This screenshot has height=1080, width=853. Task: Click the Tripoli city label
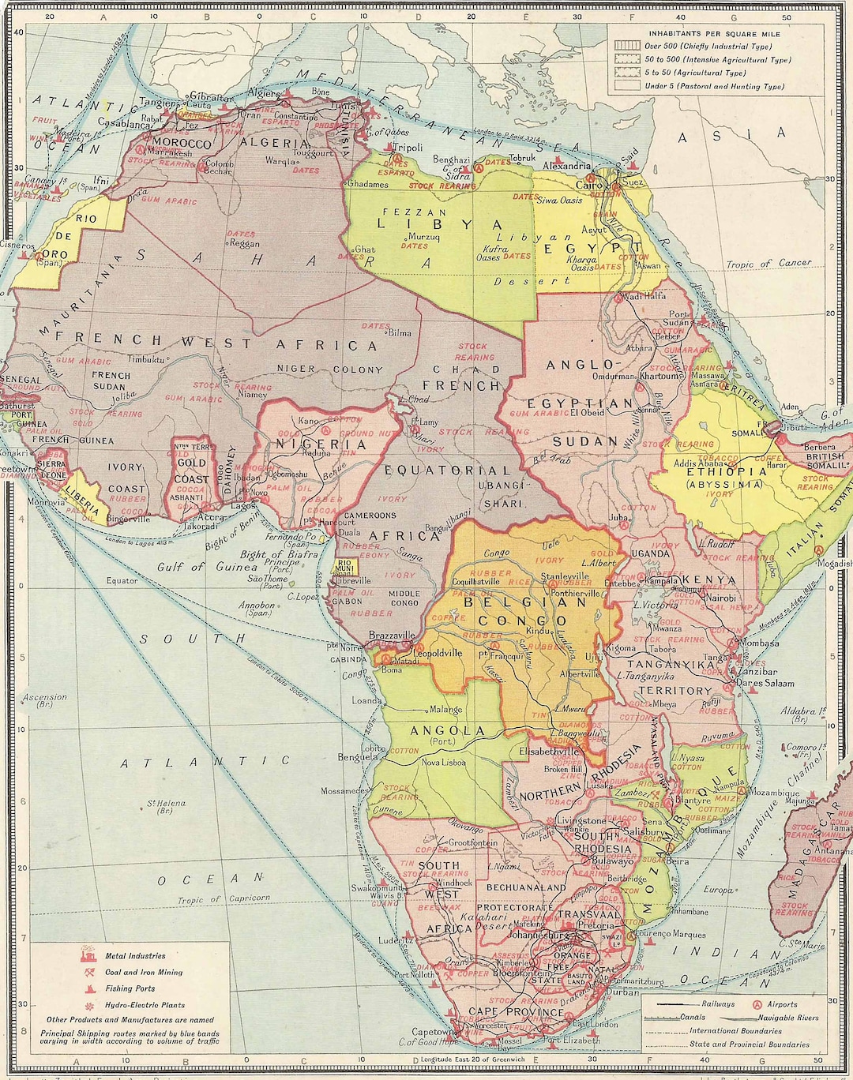408,148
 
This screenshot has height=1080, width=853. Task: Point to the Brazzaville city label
393,635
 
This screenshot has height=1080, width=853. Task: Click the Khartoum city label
659,377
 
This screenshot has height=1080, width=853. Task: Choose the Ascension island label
45,698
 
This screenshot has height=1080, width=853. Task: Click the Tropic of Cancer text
768,264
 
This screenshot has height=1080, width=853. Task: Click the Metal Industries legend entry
135,956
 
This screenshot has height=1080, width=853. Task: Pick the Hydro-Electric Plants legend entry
145,1005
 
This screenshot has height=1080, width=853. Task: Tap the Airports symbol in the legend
756,1004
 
